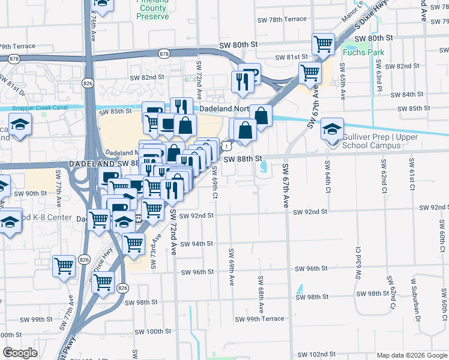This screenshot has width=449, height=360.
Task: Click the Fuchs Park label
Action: pyautogui.click(x=363, y=52)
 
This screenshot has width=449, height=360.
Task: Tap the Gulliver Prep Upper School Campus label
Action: pyautogui.click(x=370, y=141)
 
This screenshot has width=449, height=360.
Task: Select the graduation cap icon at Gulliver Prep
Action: pyautogui.click(x=332, y=128)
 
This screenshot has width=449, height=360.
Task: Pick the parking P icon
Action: pyautogui.click(x=253, y=75)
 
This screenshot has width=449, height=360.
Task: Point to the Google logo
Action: pyautogui.click(x=20, y=353)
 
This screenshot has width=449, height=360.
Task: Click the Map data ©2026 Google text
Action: pyautogui.click(x=411, y=355)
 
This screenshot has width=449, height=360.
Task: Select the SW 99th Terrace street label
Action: pyautogui.click(x=259, y=319)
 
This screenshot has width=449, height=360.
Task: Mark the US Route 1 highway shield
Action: pyautogui.click(x=224, y=145)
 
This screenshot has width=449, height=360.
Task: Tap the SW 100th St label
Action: pyautogui.click(x=153, y=331)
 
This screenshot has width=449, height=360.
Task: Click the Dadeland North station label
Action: pyautogui.click(x=216, y=109)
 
